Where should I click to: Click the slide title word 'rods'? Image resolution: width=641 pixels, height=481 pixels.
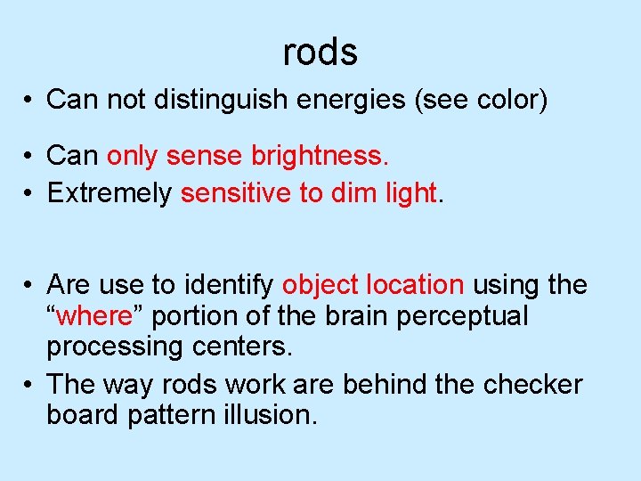(x=320, y=53)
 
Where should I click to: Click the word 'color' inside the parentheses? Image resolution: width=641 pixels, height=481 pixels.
(x=506, y=100)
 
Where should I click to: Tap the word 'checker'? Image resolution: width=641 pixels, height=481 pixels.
(x=532, y=385)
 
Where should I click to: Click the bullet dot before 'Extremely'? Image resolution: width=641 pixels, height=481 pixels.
(x=29, y=194)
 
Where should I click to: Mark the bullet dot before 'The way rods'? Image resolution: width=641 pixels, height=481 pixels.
(x=29, y=386)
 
